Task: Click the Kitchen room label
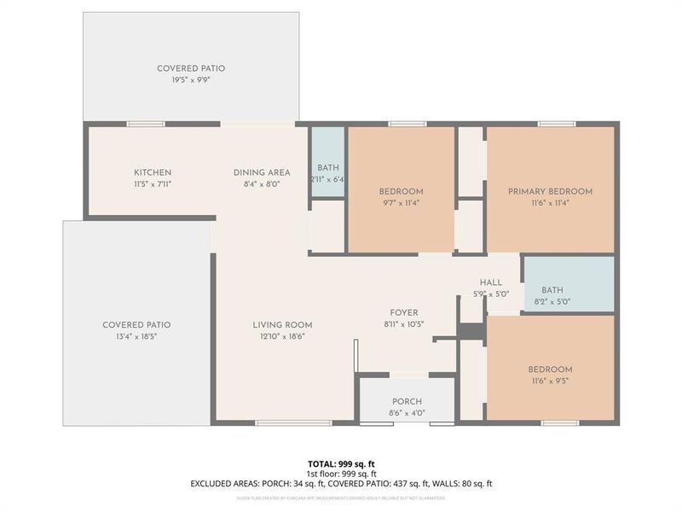[153, 172]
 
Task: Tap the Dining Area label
[262, 172]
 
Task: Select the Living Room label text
[282, 325]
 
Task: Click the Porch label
[407, 402]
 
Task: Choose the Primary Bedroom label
[550, 192]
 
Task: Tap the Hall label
[490, 282]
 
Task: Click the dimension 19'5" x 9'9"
[190, 79]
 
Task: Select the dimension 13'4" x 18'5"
[136, 336]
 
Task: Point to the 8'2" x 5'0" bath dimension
[552, 301]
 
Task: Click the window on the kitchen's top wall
[146, 125]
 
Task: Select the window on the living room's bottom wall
[281, 422]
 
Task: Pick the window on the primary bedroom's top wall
[551, 125]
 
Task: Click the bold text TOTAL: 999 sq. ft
[341, 464]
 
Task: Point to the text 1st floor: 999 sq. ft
[341, 474]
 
